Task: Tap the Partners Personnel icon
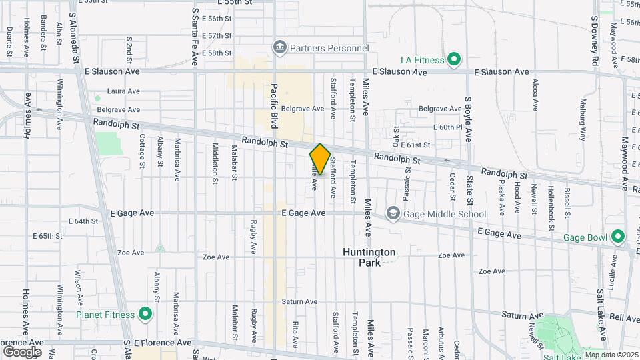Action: [279, 47]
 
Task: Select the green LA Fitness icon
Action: [454, 60]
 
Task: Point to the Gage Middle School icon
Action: [393, 214]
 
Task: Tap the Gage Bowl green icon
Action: [617, 236]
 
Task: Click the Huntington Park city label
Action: [369, 257]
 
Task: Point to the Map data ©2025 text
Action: [611, 354]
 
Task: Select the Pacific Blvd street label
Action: [274, 106]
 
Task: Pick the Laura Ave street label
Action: [123, 91]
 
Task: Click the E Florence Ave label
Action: [163, 343]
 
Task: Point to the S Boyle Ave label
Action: [468, 119]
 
